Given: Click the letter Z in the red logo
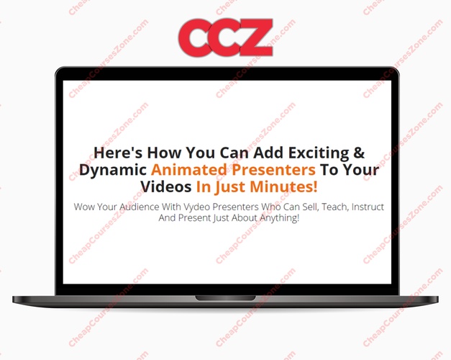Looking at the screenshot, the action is pos(254,37).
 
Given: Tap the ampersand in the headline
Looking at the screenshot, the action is pos(359,152).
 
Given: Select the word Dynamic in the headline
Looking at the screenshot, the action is pos(113,170).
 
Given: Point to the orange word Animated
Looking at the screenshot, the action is pos(189,169).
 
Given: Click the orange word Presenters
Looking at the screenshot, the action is pos(273,170).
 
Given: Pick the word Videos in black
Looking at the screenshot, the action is pos(166,186).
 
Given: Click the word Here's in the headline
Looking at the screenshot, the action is pos(118,153).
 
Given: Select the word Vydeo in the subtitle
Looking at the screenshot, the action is pos(196,207).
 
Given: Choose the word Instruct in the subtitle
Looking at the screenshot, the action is pos(368,207).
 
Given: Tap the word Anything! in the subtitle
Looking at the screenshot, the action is pos(280,217).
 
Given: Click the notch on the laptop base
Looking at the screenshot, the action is pos(226,298).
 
